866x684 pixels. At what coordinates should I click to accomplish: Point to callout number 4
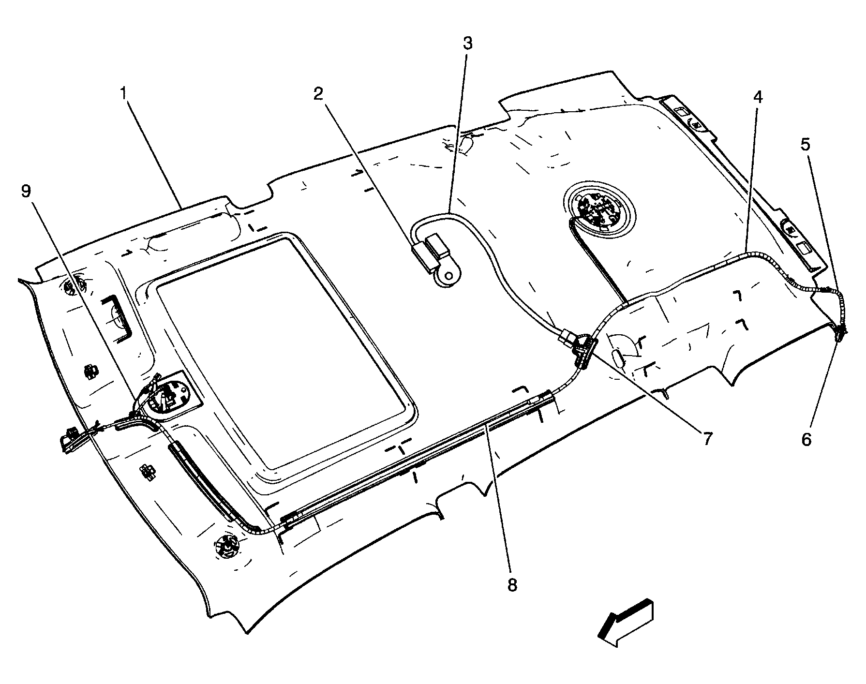point(758,98)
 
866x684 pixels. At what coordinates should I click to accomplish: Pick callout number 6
point(806,439)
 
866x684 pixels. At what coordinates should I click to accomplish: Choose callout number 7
point(707,439)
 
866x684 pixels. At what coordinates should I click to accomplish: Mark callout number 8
point(512,585)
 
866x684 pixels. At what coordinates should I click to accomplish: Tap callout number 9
point(26,192)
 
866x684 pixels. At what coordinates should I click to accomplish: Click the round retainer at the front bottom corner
point(226,547)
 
